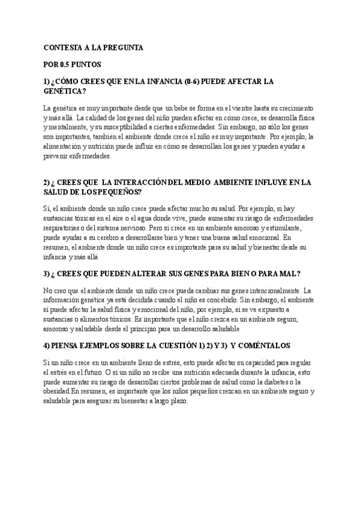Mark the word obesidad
point(57,392)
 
